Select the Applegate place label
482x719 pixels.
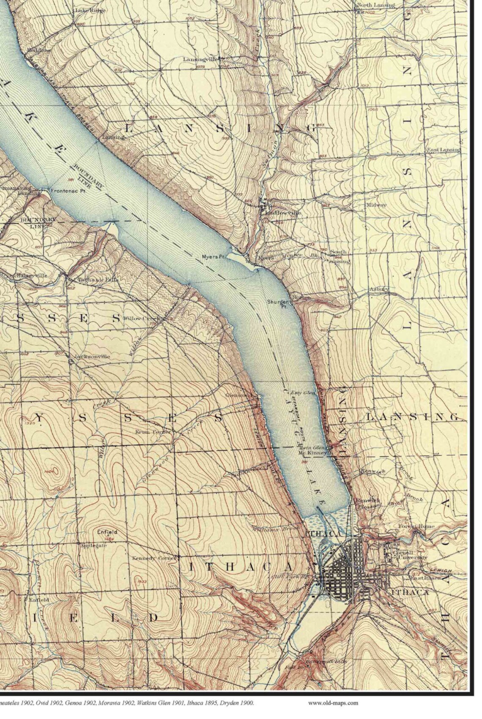(x=93, y=545)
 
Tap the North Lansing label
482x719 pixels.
(x=376, y=5)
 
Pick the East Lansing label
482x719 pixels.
(x=443, y=150)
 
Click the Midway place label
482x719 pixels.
(x=377, y=205)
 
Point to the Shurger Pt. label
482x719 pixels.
(x=278, y=304)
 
